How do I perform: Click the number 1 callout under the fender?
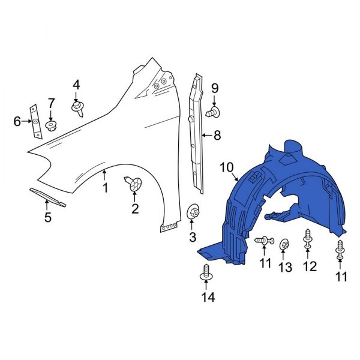coord(104,188)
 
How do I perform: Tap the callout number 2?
coord(134,209)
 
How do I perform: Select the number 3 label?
coord(193,238)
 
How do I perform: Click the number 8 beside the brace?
coord(217,136)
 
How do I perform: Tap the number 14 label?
coord(207,297)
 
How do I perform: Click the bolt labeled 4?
coord(77,109)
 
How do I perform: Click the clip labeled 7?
coord(51,125)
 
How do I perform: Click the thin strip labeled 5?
coord(47,197)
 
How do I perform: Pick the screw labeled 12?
coord(308,238)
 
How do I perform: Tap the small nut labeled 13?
coord(284,244)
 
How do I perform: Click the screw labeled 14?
coord(206,272)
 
